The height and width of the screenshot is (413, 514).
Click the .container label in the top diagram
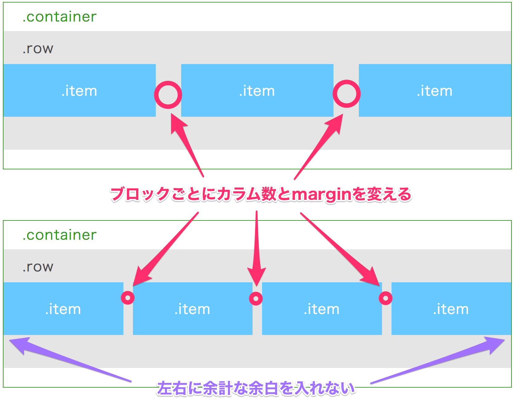coord(59,17)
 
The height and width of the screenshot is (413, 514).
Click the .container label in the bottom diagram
coord(59,235)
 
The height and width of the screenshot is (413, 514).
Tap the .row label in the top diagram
coord(38,49)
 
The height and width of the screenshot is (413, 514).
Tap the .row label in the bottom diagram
coord(38,267)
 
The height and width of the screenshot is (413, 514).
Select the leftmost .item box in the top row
coord(79,91)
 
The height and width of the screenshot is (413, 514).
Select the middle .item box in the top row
coord(257,91)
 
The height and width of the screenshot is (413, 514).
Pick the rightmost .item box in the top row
coord(435,91)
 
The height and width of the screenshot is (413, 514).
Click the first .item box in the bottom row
coord(63,309)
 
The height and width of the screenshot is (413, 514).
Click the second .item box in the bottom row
coord(193,309)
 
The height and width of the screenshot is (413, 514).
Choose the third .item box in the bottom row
coord(322,309)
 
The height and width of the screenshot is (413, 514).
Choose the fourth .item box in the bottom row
coord(451,309)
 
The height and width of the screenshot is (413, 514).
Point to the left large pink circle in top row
coord(168,95)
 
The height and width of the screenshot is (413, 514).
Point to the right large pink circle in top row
coord(346,94)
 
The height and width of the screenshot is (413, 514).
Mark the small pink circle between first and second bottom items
coord(128,298)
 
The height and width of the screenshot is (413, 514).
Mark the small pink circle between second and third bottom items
coord(256,298)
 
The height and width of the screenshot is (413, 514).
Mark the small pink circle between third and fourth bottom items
coord(385,298)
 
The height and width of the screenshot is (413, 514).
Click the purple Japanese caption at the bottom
coord(256,388)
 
